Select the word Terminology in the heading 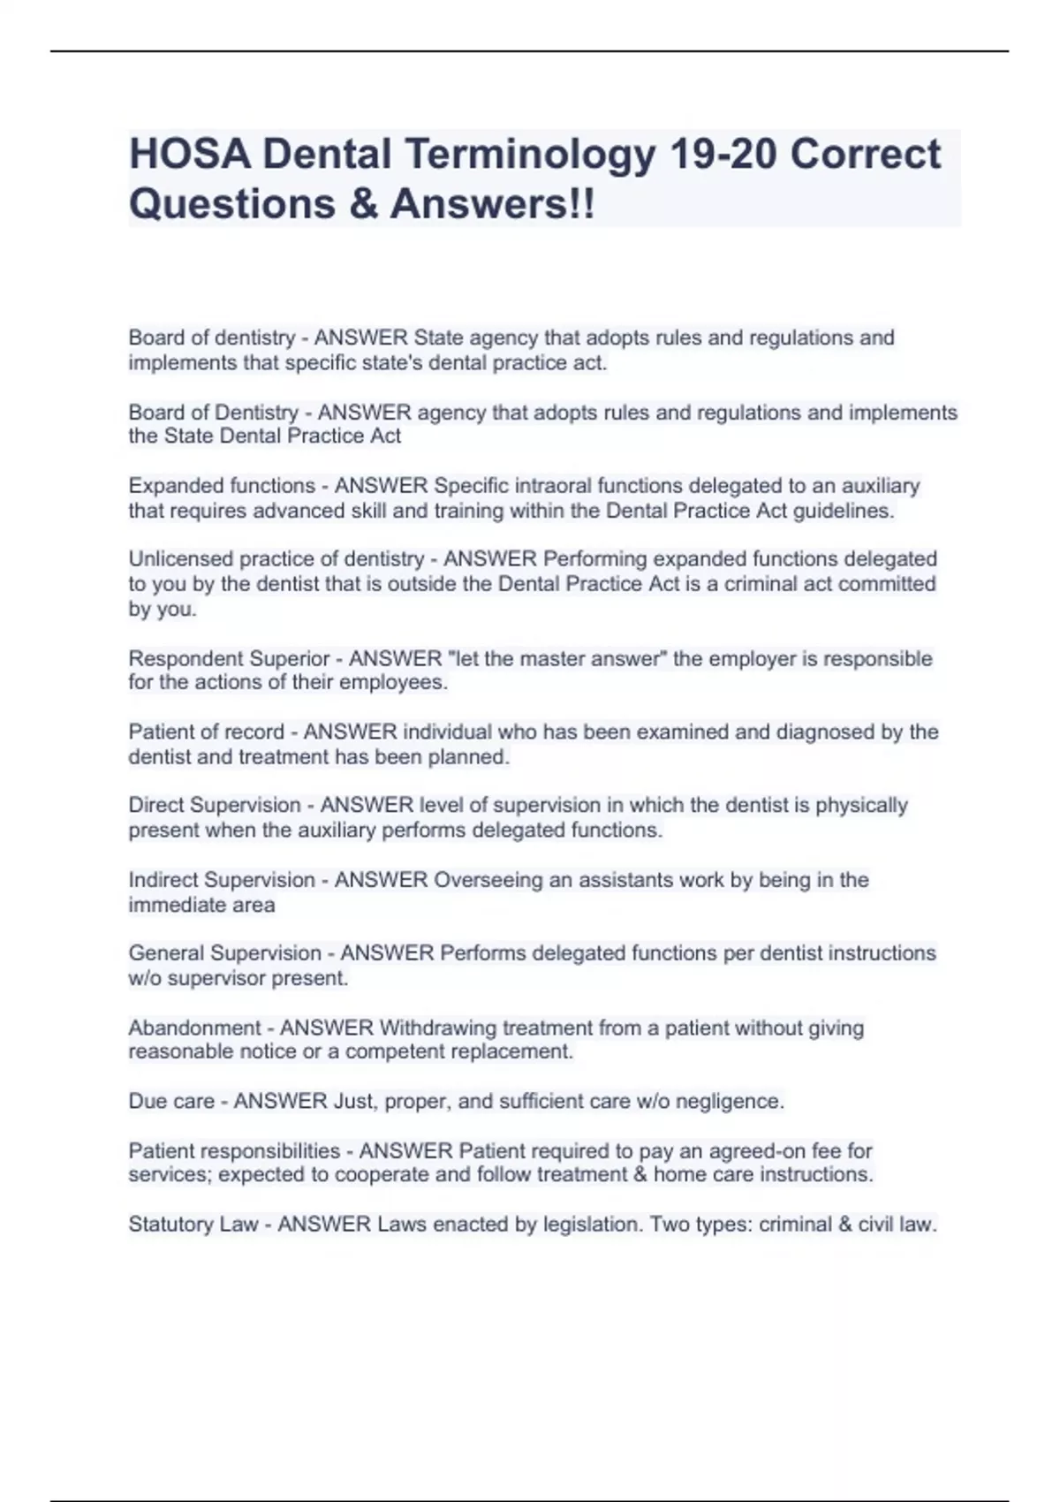click(x=530, y=154)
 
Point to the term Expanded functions click(x=222, y=486)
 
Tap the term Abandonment click(x=194, y=1028)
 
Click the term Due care click(x=171, y=1102)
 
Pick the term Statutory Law click(x=193, y=1225)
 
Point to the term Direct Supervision click(x=215, y=806)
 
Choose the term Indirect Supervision click(x=222, y=880)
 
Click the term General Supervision click(x=224, y=953)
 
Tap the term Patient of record click(x=206, y=732)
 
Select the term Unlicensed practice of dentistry click(x=276, y=559)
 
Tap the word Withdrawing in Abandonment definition click(x=437, y=1028)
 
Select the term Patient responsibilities click(x=234, y=1151)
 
